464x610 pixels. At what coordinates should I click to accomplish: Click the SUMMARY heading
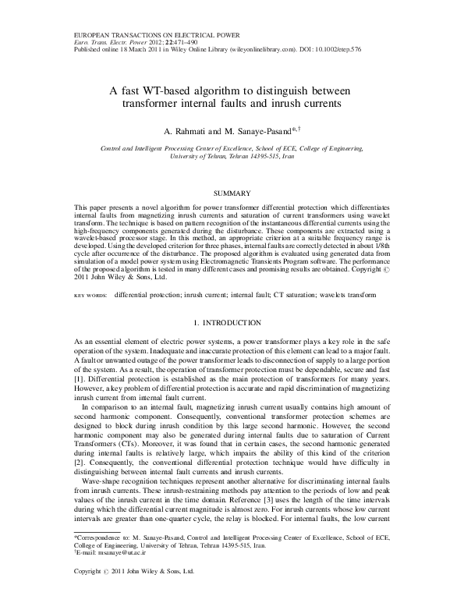pyautogui.click(x=232, y=193)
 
